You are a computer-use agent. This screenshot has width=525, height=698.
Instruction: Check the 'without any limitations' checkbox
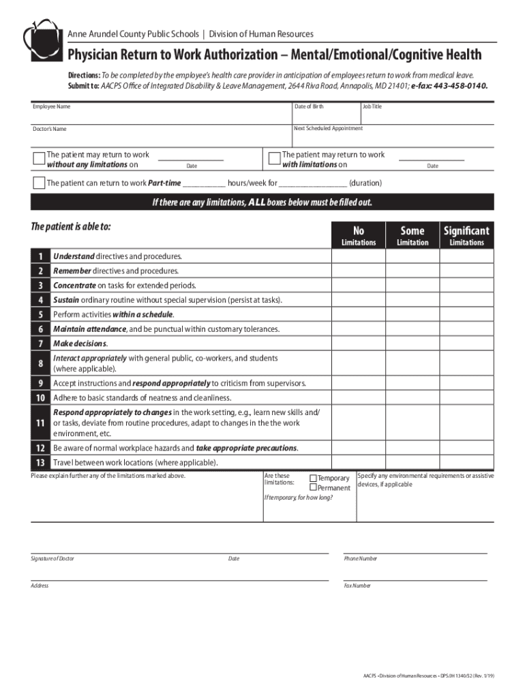[40, 159]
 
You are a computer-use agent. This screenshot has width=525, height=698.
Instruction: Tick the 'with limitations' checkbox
[274, 159]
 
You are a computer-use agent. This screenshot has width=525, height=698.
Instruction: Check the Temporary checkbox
[314, 479]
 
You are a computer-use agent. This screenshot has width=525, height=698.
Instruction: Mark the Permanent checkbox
[314, 488]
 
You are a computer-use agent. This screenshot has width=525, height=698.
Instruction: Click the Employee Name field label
[52, 107]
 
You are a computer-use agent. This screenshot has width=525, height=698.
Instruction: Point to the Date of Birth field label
[309, 107]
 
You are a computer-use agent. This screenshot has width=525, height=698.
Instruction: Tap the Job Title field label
[372, 107]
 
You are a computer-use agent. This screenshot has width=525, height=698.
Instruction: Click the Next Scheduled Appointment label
[328, 128]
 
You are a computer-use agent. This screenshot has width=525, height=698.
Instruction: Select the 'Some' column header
[412, 231]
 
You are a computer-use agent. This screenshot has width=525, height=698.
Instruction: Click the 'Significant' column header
[466, 231]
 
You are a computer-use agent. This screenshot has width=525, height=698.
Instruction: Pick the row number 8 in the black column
[41, 363]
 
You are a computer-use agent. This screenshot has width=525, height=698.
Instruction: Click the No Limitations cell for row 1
[359, 256]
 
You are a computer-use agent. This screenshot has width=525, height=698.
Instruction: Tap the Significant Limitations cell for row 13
[466, 463]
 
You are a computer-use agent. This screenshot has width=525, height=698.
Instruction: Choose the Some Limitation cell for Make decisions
[412, 343]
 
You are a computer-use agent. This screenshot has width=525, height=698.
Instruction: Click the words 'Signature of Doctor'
[52, 559]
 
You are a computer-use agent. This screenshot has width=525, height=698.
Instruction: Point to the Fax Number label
[357, 586]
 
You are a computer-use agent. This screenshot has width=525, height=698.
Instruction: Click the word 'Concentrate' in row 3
[74, 286]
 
